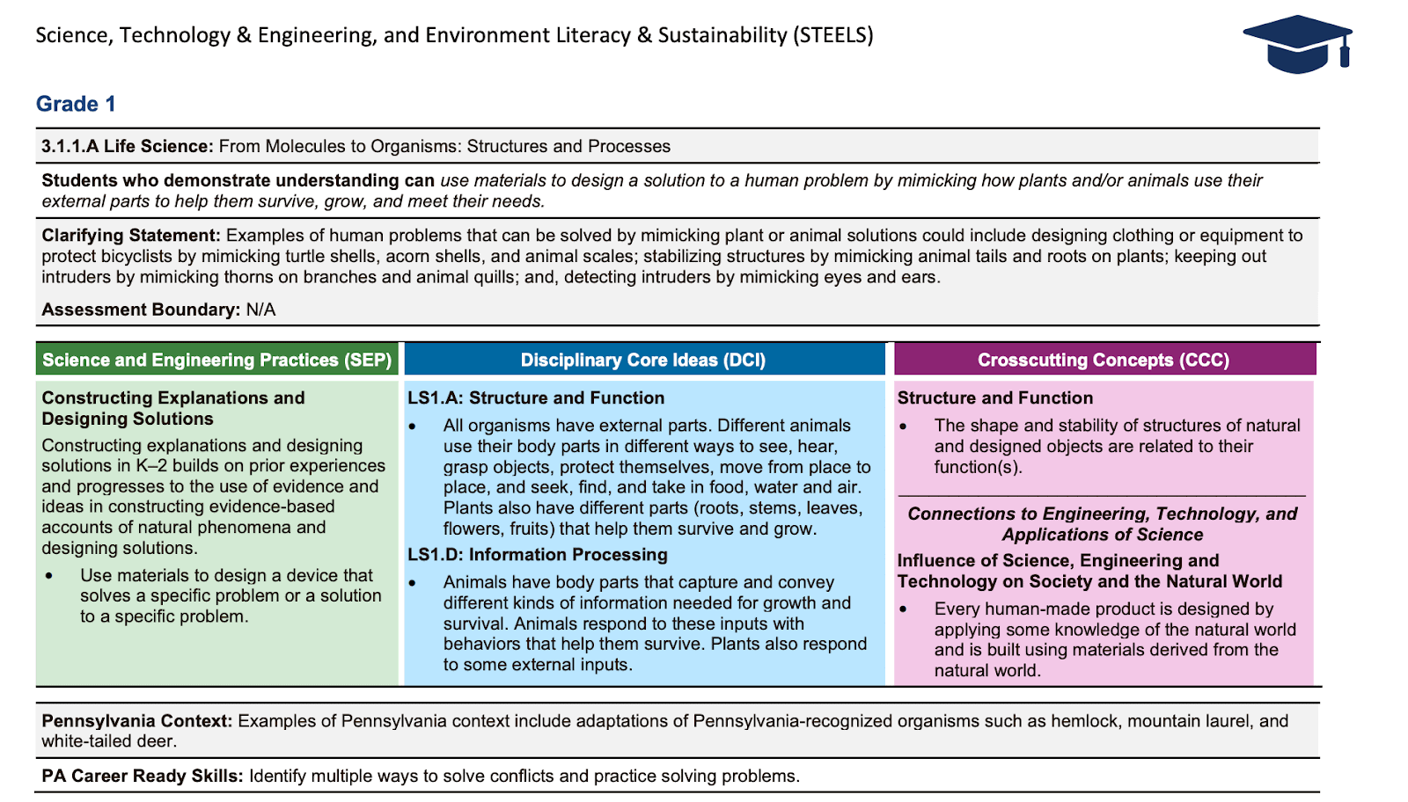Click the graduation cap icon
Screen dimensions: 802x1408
(1297, 44)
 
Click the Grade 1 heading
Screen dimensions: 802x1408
(76, 104)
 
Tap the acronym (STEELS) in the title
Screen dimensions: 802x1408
(832, 35)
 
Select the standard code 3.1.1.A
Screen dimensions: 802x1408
(70, 146)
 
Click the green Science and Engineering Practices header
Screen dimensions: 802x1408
(216, 360)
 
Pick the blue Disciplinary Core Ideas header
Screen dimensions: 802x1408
(643, 360)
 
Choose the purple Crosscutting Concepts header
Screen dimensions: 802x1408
(1104, 360)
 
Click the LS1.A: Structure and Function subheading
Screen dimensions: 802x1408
(535, 397)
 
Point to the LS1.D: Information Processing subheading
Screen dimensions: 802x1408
(537, 554)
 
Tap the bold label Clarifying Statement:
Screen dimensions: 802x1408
(131, 235)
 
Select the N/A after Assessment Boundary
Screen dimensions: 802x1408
(261, 310)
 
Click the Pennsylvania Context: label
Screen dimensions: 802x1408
(137, 720)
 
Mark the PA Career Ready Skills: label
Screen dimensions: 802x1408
(143, 776)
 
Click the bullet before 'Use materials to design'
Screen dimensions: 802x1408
(49, 576)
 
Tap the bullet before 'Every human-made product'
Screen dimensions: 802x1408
(903, 609)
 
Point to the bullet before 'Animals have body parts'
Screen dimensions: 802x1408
(412, 582)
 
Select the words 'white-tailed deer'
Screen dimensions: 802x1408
(109, 740)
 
